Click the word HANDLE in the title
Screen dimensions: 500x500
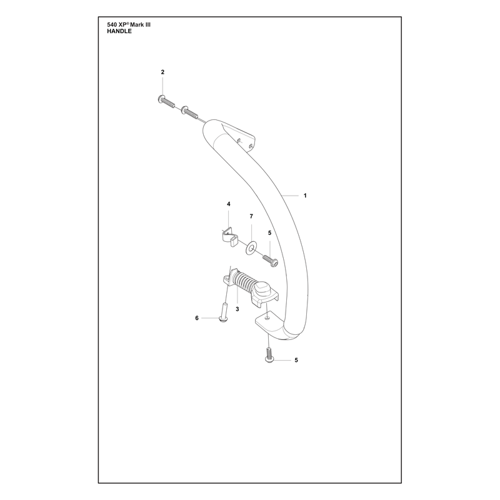point(119,31)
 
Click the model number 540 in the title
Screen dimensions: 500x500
point(112,24)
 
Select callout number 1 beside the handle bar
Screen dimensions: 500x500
point(305,196)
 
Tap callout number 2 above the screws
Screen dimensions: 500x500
point(162,72)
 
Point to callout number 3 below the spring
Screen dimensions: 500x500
point(237,309)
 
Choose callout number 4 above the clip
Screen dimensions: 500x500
point(229,204)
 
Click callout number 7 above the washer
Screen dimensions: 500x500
point(251,216)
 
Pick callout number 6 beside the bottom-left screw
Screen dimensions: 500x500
point(197,318)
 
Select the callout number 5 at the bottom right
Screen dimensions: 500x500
point(296,360)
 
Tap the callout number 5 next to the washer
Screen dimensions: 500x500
point(269,233)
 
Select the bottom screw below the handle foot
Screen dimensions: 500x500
point(269,356)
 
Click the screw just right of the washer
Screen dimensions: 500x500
point(271,261)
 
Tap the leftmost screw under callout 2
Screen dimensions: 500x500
point(166,101)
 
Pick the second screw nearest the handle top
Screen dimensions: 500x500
point(189,112)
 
